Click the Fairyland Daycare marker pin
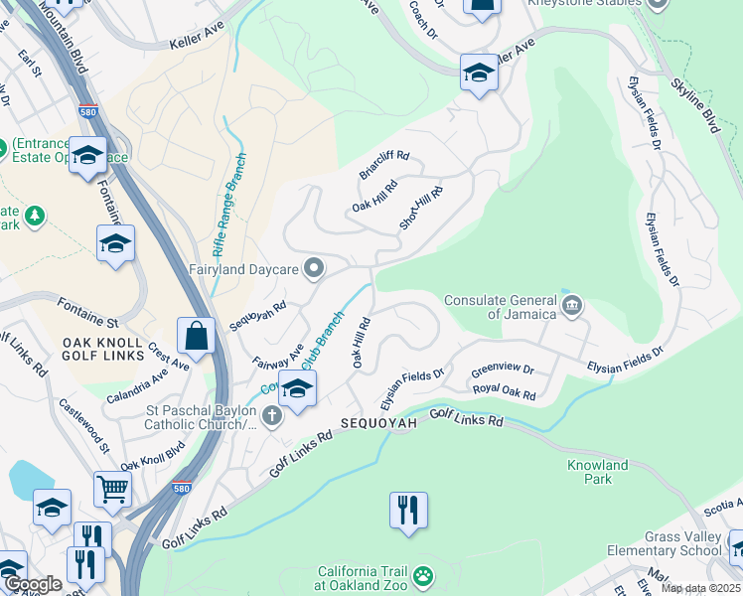315,268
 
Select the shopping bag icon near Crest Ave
197,337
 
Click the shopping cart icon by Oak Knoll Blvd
113,488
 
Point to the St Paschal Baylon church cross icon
272,416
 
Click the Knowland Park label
597,472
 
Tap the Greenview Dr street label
503,370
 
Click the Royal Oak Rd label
504,393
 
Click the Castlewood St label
83,427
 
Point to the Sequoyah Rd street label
257,316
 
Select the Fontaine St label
87,313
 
